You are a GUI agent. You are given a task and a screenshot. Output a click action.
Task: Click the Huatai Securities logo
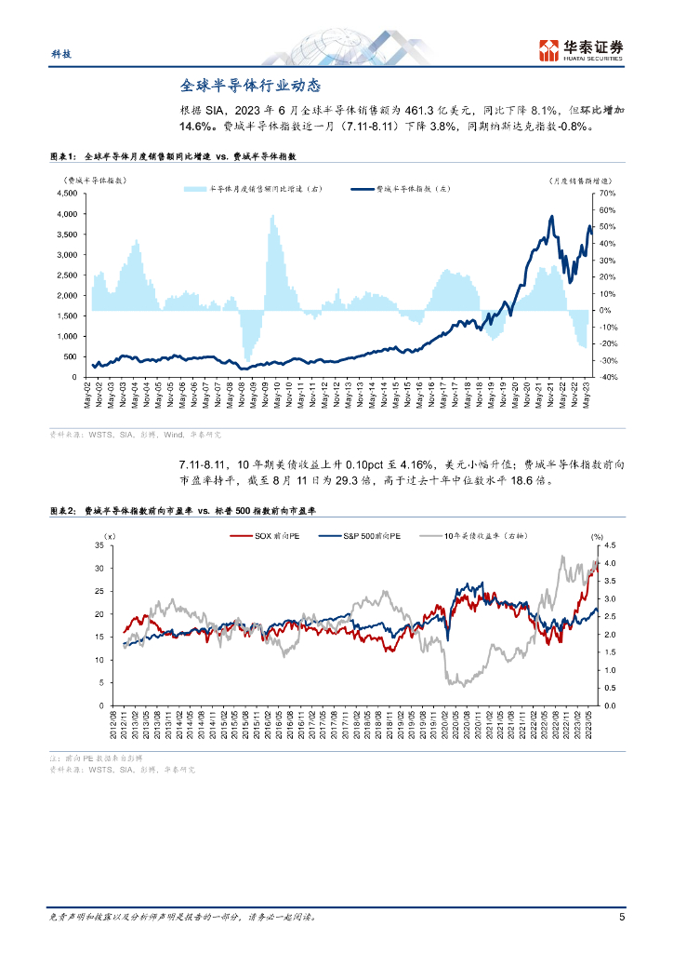[x=581, y=50]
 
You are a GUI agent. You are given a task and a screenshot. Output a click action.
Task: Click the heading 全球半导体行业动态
[x=250, y=85]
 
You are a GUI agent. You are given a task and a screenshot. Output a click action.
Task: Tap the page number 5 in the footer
[x=621, y=917]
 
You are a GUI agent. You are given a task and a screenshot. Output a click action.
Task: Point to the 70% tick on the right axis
[x=606, y=194]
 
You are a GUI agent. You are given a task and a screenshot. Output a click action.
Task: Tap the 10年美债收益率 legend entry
[x=470, y=535]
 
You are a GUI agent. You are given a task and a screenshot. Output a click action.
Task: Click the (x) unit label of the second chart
[x=109, y=535]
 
